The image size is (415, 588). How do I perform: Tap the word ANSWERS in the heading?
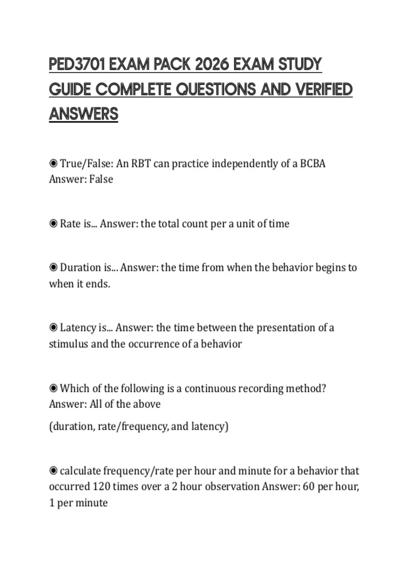(84, 114)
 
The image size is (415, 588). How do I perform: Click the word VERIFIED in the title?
(324, 89)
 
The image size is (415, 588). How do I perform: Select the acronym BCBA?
(313, 163)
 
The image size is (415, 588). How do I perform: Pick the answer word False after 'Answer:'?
(101, 179)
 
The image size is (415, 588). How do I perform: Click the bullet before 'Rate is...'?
(53, 224)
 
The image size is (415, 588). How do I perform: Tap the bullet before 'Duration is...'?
(53, 267)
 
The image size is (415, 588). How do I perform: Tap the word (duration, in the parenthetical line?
(72, 426)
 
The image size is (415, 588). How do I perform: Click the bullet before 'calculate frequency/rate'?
(53, 471)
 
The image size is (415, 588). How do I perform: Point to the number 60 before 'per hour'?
(308, 487)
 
